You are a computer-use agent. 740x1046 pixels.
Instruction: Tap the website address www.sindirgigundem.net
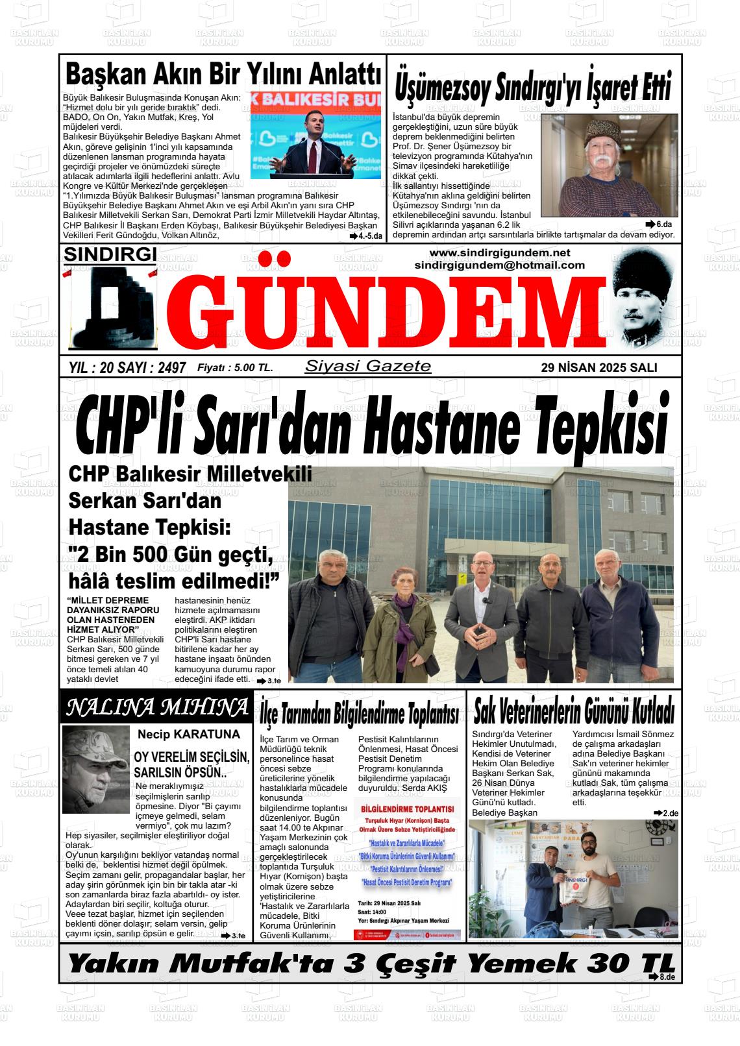499,252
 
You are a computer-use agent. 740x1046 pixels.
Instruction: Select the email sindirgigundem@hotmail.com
499,265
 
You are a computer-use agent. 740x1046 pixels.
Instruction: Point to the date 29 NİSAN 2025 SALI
598,368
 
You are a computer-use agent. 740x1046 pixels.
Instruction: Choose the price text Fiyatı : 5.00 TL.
235,368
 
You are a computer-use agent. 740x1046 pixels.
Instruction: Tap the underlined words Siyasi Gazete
367,366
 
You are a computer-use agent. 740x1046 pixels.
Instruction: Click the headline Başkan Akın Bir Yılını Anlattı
223,74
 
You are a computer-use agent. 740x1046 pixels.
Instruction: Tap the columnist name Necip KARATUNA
188,735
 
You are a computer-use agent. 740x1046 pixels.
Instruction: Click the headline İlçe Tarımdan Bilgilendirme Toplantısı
359,714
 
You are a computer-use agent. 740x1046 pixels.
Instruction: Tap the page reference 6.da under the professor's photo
659,224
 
